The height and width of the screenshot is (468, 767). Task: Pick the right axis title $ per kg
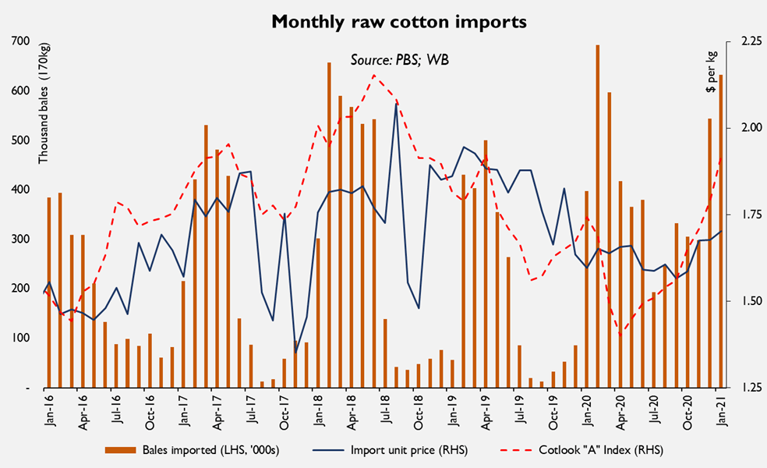711,73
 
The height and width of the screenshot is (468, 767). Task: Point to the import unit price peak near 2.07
396,103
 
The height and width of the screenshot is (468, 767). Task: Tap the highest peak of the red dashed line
374,76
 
